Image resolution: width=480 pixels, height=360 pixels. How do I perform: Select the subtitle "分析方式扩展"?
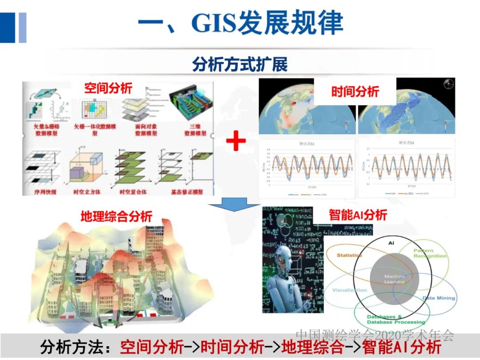240,65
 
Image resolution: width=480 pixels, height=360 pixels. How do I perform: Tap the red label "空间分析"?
108,88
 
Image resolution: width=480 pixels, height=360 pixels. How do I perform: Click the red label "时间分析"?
355,92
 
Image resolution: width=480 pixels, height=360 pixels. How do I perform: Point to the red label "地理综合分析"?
116,216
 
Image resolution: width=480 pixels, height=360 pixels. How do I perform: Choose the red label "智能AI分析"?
358,215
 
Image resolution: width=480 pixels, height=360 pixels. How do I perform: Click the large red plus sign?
236,142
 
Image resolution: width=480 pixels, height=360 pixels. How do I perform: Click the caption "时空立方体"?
85,192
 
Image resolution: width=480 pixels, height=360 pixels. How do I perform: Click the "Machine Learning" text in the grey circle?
394,279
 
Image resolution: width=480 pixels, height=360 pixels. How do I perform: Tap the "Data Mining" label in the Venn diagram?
438,298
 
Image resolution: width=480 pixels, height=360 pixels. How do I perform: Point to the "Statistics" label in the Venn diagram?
349,255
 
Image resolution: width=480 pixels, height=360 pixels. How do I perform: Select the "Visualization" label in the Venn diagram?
350,290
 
